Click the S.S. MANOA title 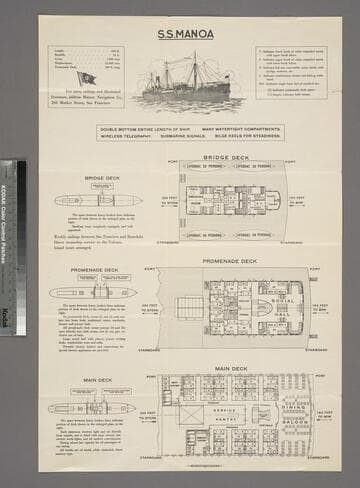coord(180,31)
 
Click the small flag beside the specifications coord(87,77)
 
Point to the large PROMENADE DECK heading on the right coord(230,261)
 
